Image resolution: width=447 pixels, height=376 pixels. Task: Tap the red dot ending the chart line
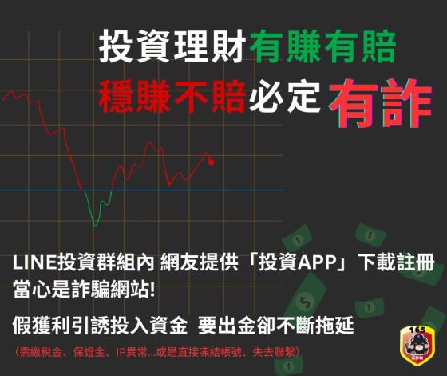click(x=212, y=162)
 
